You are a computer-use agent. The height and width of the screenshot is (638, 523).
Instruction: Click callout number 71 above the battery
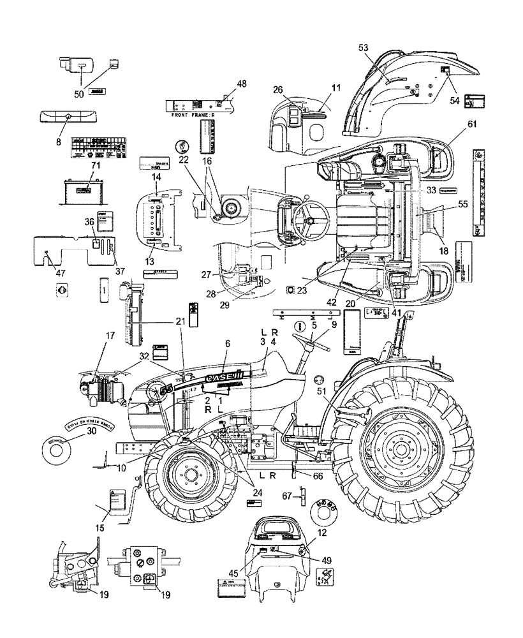[x=78, y=165]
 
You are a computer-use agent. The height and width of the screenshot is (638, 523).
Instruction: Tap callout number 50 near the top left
[x=80, y=94]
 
